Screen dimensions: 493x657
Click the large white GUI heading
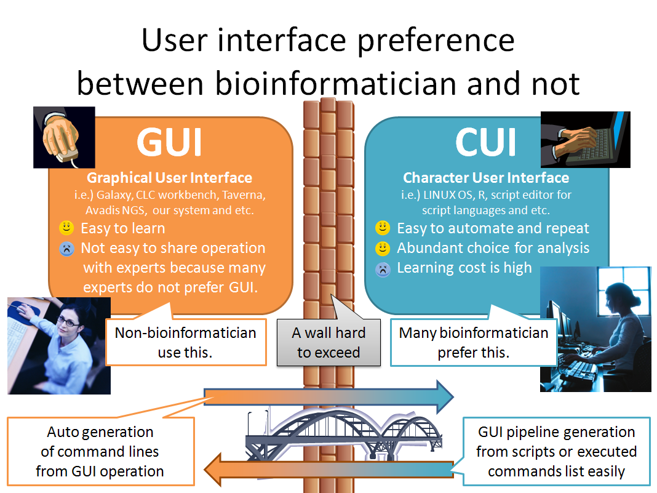tap(169, 142)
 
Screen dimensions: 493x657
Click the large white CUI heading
tap(485, 142)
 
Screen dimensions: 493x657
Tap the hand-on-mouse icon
tap(63, 137)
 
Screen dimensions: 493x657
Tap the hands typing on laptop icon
tap(585, 139)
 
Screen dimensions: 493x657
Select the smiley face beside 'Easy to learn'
tap(66, 228)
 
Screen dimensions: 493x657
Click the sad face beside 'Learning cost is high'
tap(382, 268)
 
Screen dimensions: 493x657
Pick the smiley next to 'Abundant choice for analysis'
tap(382, 249)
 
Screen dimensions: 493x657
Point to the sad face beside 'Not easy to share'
tap(66, 249)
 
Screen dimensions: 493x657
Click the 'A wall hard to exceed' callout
tap(328, 342)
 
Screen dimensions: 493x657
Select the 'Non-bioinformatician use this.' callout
tap(186, 342)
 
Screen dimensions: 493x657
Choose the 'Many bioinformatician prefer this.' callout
tap(473, 342)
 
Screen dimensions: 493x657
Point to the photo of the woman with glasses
tap(58, 345)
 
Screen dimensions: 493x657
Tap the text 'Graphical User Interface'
tap(169, 178)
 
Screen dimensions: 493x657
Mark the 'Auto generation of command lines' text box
tap(100, 451)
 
